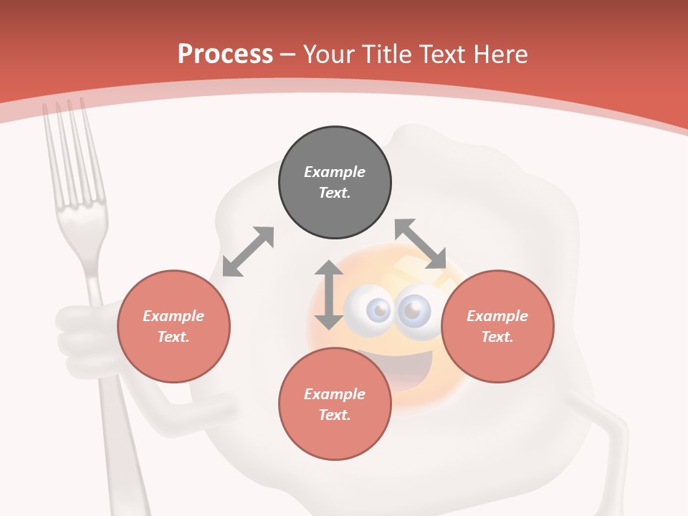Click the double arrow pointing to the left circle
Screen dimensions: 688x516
click(x=248, y=252)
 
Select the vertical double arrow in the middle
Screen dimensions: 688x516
click(x=329, y=295)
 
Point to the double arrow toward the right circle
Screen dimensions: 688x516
click(x=421, y=244)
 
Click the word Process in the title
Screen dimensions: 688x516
click(x=225, y=54)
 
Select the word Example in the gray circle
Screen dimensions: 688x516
click(x=335, y=172)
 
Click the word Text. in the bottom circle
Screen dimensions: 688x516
click(x=335, y=415)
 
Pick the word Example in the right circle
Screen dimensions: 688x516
click(x=497, y=316)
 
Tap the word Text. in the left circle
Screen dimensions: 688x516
click(x=173, y=337)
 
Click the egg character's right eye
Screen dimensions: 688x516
click(x=414, y=310)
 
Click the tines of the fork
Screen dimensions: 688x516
click(x=68, y=150)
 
